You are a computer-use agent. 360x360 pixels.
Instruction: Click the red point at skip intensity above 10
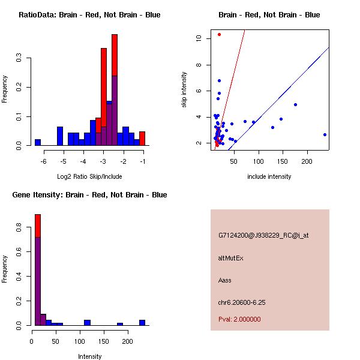click(220, 34)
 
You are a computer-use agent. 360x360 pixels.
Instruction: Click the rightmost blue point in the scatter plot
click(325, 134)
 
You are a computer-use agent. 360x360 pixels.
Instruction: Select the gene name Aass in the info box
click(225, 280)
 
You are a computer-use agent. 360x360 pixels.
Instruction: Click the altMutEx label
click(231, 258)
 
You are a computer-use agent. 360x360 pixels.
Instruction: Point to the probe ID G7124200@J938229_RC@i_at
click(263, 236)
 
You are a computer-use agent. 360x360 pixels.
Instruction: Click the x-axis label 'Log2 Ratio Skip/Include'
click(89, 176)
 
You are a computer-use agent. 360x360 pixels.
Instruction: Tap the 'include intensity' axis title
click(269, 176)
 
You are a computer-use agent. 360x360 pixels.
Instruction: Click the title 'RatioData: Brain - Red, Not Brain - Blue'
click(89, 14)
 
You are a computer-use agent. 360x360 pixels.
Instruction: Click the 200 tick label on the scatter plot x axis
click(307, 161)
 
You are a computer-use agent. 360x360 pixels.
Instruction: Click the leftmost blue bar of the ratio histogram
click(38, 143)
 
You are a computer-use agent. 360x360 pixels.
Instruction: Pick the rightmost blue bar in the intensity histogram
click(142, 322)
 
